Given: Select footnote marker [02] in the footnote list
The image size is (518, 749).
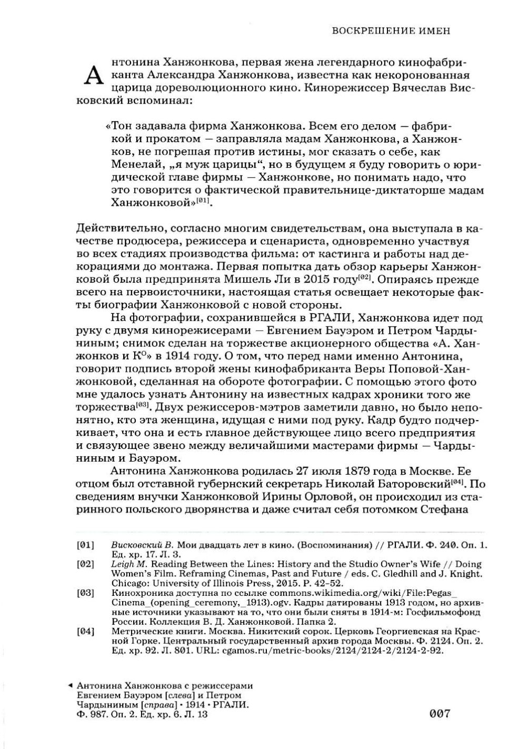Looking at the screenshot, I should click(x=85, y=564).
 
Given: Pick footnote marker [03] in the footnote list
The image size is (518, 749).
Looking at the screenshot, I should click(x=85, y=593).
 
